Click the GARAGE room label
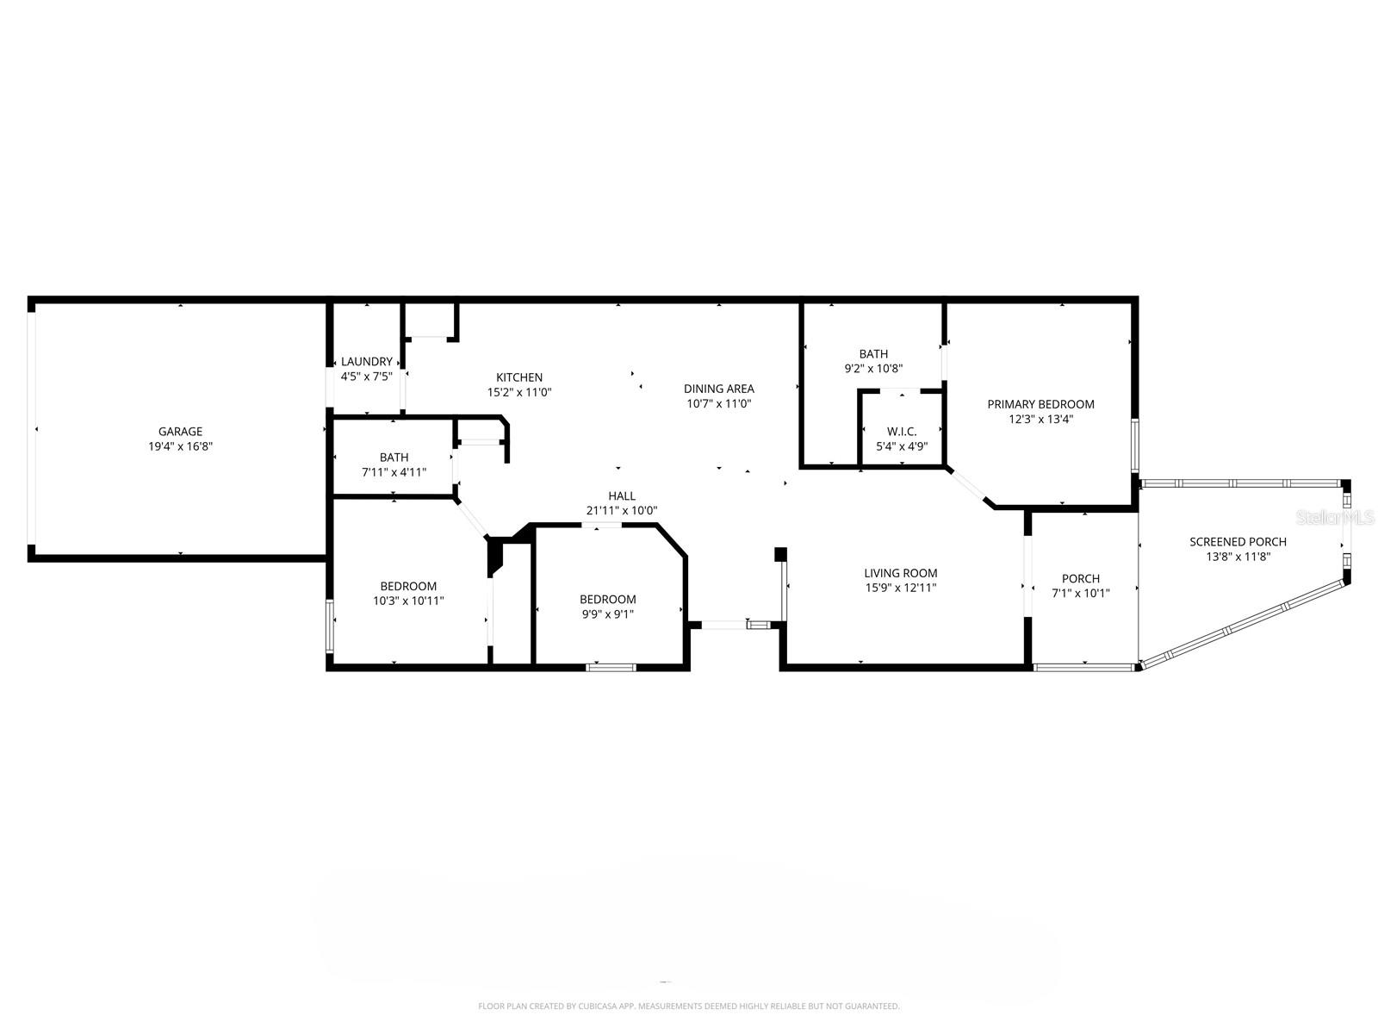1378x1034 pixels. coord(180,432)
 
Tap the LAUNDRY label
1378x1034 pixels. coord(367,362)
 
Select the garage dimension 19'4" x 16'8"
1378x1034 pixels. coord(180,446)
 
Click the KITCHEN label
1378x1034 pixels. coord(519,377)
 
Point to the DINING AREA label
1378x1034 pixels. coord(719,389)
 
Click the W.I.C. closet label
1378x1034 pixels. coord(902,432)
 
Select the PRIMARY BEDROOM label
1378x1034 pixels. coord(1040,404)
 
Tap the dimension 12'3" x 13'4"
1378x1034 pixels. coord(1040,420)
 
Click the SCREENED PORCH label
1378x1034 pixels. coord(1238,542)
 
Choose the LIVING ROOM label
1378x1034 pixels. coord(901,573)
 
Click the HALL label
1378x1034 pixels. coord(622,495)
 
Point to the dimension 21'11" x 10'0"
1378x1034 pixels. coord(622,510)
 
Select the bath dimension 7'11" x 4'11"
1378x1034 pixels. coord(394,472)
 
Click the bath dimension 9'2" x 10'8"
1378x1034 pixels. coord(873,369)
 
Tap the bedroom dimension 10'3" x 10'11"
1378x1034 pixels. coord(408,601)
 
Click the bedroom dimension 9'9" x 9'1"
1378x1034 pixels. coord(607,614)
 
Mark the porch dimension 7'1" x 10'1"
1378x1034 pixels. coord(1081,593)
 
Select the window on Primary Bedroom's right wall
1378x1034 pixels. coord(1135,444)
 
